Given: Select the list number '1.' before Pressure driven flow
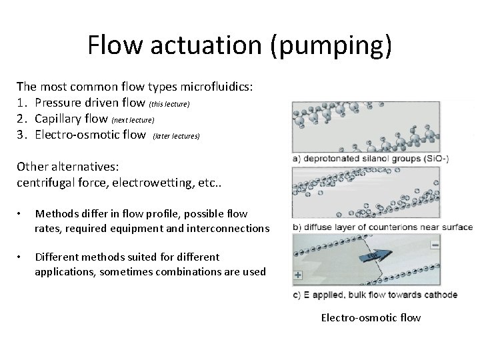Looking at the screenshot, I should (23, 102).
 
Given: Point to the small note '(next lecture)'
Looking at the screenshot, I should (133, 120).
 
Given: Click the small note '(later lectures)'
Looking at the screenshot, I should (176, 136).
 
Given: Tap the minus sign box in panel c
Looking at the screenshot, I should (434, 245).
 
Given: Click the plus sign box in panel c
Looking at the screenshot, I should (297, 275).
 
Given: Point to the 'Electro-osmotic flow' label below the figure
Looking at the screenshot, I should (371, 317).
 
